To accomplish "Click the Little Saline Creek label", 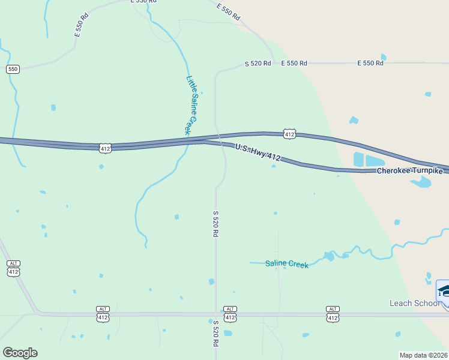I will (192, 104).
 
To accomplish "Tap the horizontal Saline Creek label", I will (287, 263).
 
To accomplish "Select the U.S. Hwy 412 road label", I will (258, 152).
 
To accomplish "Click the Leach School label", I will (414, 303).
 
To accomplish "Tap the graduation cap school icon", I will (444, 291).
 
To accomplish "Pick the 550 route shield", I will (13, 69).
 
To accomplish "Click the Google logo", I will (20, 353).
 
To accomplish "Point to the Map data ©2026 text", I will (424, 355).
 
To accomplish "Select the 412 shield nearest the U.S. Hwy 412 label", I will (289, 133).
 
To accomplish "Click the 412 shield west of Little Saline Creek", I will (105, 148).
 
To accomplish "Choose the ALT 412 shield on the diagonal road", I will (14, 268).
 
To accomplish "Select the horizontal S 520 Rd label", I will (258, 63).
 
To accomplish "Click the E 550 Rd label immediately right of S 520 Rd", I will (294, 63).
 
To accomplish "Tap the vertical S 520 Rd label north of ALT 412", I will (215, 223).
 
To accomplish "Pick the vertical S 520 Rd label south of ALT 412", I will (215, 334).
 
